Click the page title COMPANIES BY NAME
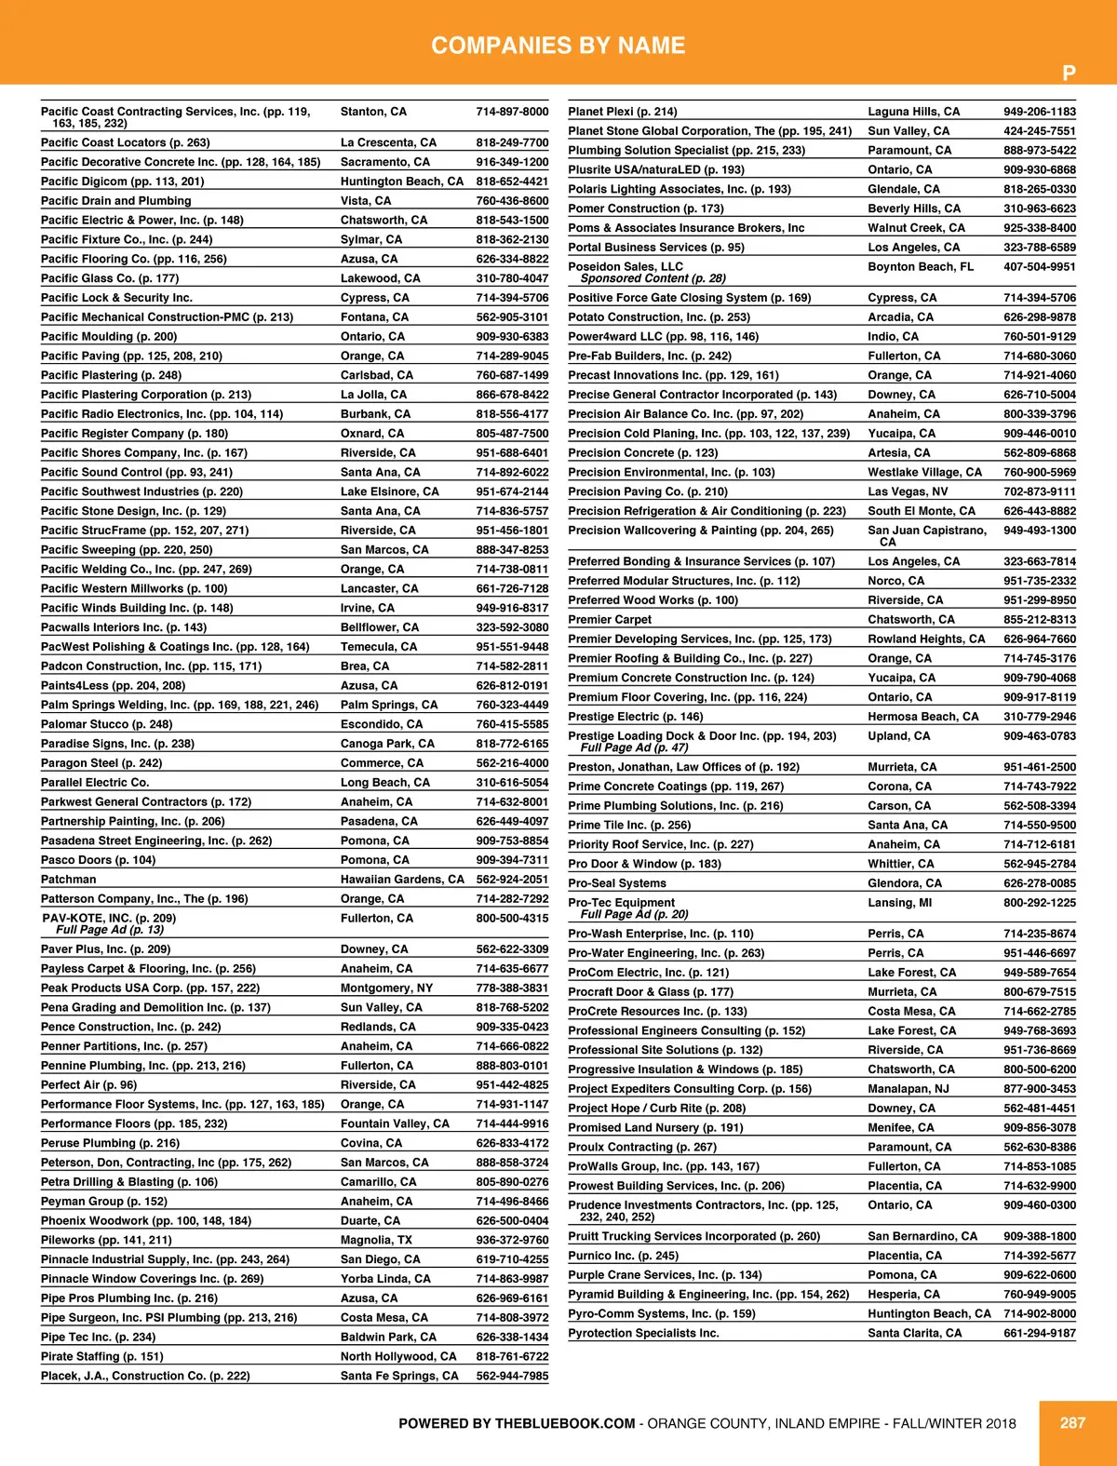click(558, 46)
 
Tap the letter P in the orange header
click(1069, 74)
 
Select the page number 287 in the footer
click(1072, 1422)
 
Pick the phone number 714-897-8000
click(512, 112)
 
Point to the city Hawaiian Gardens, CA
click(402, 880)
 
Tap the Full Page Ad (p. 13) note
click(110, 930)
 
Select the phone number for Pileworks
click(512, 1240)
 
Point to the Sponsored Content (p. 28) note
click(653, 278)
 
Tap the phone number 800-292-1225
click(1039, 903)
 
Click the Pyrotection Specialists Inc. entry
click(643, 1333)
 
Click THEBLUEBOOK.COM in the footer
click(565, 1423)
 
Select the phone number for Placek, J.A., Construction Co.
click(512, 1376)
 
